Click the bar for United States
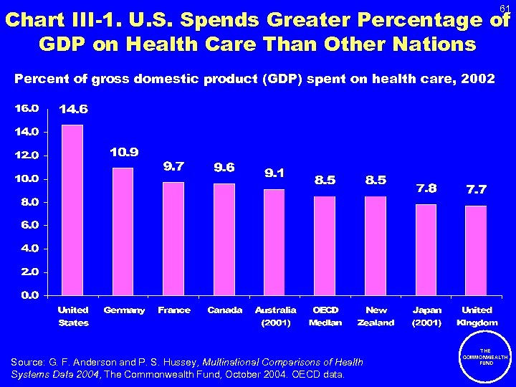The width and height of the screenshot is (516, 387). pos(72,210)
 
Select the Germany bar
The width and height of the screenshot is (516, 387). pos(123,231)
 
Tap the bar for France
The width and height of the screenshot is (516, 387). pos(173,239)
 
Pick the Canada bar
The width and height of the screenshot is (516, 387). pos(224,239)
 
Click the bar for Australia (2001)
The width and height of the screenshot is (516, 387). pos(274,242)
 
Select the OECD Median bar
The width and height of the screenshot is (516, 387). pos(325,246)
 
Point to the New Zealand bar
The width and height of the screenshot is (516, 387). pos(376,246)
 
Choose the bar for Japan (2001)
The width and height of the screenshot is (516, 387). pos(426,249)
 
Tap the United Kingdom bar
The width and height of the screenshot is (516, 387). pos(476,250)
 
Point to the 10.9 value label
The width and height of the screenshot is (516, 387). pos(124,152)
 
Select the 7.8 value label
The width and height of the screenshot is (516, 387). pos(426,188)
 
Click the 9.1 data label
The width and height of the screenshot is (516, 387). pos(275,173)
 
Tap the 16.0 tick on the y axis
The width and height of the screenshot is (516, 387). pos(27,109)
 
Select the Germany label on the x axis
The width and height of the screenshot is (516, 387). pos(124,310)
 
